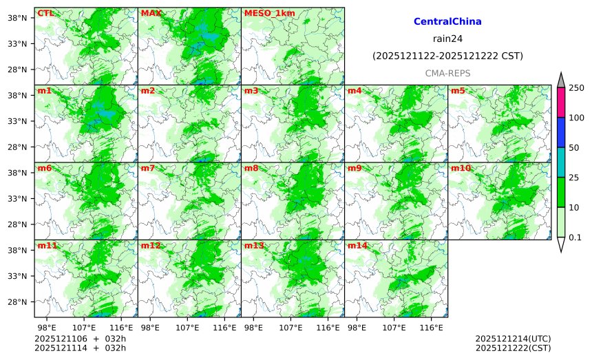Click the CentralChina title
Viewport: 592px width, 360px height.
(447, 22)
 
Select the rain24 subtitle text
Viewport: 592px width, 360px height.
(447, 39)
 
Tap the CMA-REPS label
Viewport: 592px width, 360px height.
(447, 72)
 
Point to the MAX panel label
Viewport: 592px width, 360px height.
(150, 13)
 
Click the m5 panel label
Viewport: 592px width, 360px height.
(458, 91)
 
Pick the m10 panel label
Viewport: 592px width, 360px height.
(461, 168)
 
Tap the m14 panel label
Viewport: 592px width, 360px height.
(357, 246)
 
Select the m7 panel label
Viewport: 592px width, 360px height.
(148, 168)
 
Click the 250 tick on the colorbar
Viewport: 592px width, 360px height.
(576, 88)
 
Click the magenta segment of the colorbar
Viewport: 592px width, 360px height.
(561, 103)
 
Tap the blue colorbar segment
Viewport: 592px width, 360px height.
(561, 132)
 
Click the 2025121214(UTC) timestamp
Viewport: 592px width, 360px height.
(513, 339)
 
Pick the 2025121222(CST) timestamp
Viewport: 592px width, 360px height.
(513, 348)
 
